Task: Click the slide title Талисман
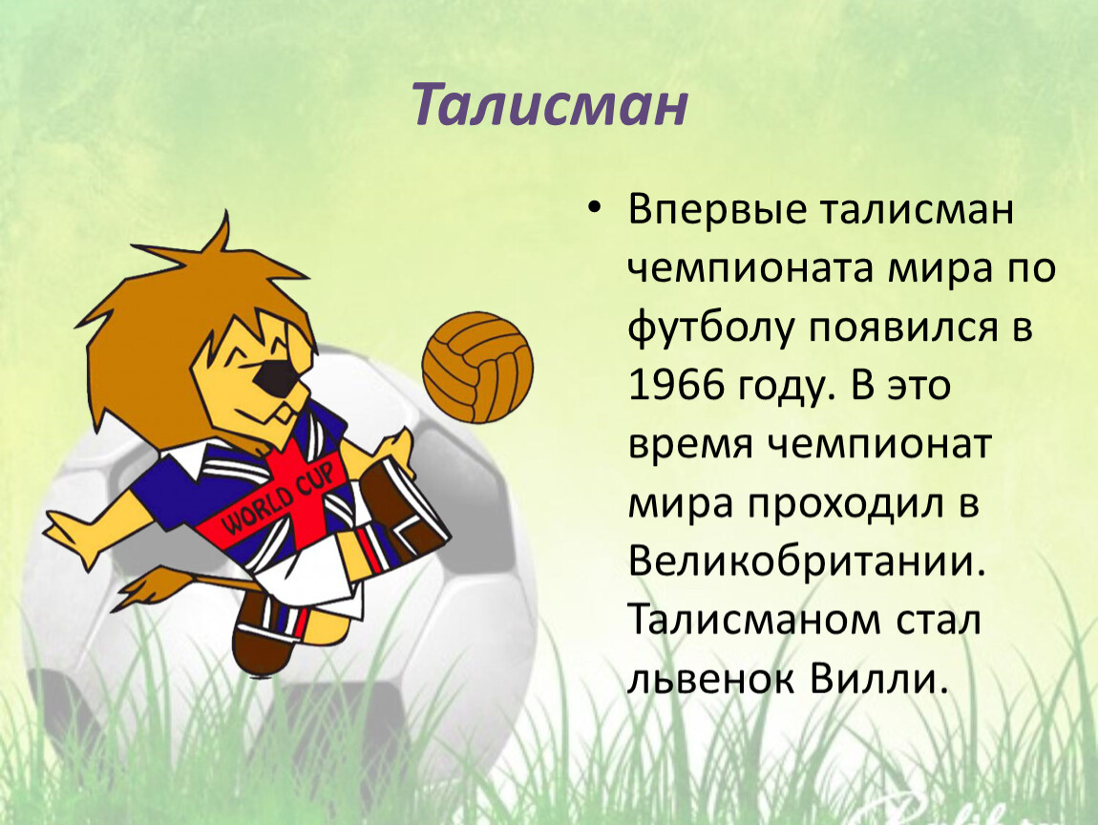pyautogui.click(x=549, y=105)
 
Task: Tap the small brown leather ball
pyautogui.click(x=477, y=368)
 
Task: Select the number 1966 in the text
pyautogui.click(x=676, y=386)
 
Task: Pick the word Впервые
pyautogui.click(x=717, y=210)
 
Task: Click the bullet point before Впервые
pyautogui.click(x=595, y=210)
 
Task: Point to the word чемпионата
pyautogui.click(x=751, y=269)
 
